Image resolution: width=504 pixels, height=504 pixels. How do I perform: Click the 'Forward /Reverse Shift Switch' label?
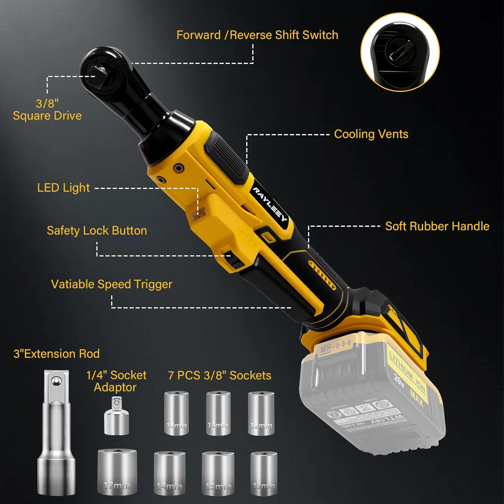pos(257,35)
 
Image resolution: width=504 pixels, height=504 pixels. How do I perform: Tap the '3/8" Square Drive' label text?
pos(47,110)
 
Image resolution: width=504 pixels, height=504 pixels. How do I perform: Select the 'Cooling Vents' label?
pos(371,134)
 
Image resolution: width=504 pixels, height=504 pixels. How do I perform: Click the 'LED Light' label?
pos(63,187)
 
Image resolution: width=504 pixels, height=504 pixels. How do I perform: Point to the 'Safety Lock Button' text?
pos(97,230)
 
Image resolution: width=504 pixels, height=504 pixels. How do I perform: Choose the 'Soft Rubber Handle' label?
pos(437,226)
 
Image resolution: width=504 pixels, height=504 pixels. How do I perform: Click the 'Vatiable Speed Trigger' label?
pos(112,284)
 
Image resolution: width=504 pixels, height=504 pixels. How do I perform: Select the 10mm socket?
pos(176,413)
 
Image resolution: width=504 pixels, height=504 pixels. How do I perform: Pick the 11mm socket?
pos(218,413)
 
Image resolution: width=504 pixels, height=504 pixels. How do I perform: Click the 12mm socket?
pos(261,413)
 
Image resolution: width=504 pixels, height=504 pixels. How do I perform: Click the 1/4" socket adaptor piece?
pos(116,417)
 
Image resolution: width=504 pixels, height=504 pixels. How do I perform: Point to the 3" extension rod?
pos(56,433)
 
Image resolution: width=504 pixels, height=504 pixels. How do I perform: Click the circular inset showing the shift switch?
pos(400,52)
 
